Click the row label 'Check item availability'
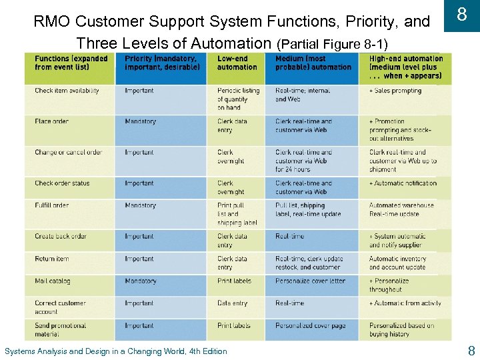coord(67,91)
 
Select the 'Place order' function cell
coord(51,121)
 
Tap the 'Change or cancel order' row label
coord(68,152)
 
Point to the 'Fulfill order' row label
coord(51,205)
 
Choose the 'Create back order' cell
coord(61,236)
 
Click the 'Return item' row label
coord(51,259)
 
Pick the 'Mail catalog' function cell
coord(53,281)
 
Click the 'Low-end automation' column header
coord(237,63)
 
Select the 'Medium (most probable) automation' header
coord(313,63)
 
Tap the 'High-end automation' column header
coord(405,67)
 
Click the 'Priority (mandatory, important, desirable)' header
coord(162,63)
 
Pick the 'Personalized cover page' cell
coord(310,325)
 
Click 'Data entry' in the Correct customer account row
coord(233,303)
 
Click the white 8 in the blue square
coord(461,15)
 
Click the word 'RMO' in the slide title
coord(49,22)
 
